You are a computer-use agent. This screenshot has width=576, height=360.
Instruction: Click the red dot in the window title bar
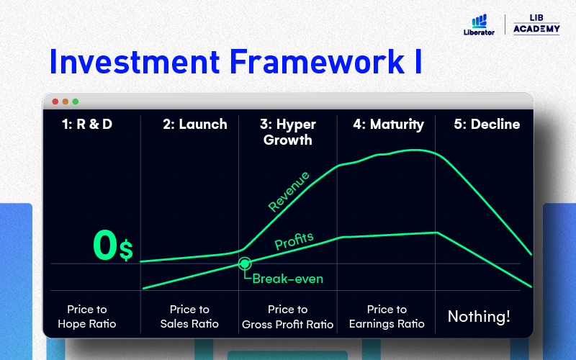click(55, 102)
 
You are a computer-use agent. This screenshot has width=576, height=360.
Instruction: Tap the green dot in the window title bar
click(76, 102)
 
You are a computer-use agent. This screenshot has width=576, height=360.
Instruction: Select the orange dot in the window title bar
click(66, 102)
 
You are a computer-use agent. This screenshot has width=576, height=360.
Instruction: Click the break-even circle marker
click(245, 264)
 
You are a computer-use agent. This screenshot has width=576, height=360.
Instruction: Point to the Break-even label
click(287, 279)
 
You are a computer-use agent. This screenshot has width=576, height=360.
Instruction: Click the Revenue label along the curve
click(289, 192)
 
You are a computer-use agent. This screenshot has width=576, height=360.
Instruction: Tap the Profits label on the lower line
click(294, 241)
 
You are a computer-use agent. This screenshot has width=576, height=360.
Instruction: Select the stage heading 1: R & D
click(87, 124)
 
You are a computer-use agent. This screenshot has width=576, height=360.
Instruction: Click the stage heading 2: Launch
click(195, 124)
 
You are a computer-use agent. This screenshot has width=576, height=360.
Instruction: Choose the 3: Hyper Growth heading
click(287, 132)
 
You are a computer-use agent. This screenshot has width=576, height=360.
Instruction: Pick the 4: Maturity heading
click(388, 125)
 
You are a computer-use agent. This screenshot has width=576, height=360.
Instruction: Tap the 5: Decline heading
click(487, 124)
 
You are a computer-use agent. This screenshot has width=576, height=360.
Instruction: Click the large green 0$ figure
click(113, 246)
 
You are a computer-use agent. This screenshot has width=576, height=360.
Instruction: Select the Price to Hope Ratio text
click(87, 317)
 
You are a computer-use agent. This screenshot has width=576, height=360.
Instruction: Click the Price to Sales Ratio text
click(189, 317)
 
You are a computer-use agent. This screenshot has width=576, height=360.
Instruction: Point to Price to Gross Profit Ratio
click(287, 317)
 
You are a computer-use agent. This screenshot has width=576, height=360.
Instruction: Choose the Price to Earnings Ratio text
click(387, 317)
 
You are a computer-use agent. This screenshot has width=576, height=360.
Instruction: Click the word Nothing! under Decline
click(479, 316)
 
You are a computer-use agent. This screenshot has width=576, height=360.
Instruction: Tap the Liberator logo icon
click(479, 22)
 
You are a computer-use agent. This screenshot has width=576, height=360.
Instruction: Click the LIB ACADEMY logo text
click(536, 24)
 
